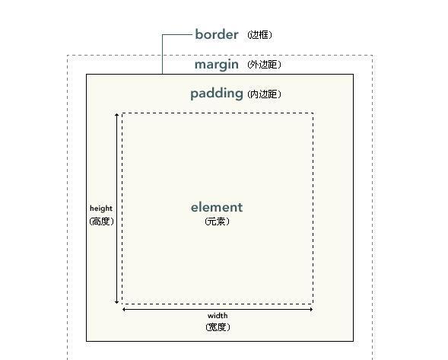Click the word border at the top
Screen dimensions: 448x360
[x=217, y=34]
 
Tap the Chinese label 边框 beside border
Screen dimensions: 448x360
[x=259, y=35]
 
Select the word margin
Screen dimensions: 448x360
[x=217, y=65]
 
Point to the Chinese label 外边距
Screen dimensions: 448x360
[x=264, y=65]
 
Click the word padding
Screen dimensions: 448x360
[x=217, y=94]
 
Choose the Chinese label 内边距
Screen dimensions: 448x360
[x=264, y=94]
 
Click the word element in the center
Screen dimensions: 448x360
[x=217, y=207]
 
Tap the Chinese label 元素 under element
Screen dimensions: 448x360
[x=217, y=221]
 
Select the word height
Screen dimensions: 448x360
[x=101, y=209]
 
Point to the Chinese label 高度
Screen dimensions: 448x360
[x=102, y=221]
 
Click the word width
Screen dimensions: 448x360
[x=218, y=316]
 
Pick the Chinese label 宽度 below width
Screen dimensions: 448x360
[x=218, y=327]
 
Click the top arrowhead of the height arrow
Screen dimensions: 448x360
[x=116, y=115]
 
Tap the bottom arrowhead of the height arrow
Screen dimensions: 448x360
[x=116, y=302]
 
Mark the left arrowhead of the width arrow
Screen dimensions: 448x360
[x=124, y=309]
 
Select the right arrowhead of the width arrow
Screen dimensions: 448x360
[x=311, y=309]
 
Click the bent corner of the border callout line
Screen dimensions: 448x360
[x=162, y=34]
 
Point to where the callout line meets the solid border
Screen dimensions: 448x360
[x=162, y=74]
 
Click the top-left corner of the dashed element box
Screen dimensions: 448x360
[x=122, y=113]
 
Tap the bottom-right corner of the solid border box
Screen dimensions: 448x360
[x=353, y=341]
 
